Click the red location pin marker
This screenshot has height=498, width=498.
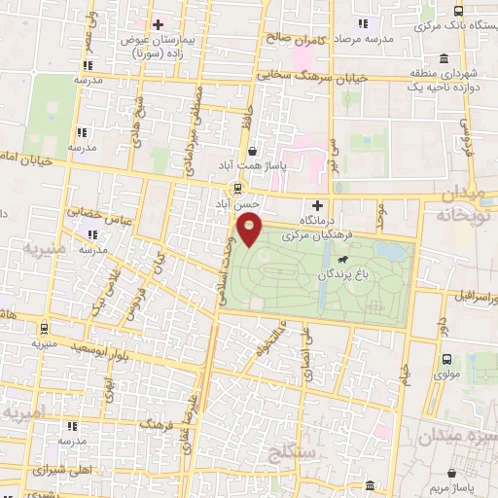pos(251,231)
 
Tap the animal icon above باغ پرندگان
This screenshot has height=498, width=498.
pos(343,260)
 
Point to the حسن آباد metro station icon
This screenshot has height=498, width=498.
pos(233,189)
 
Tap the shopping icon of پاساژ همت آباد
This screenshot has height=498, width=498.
pos(253,152)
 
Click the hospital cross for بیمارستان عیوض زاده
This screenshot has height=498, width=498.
pos(157,23)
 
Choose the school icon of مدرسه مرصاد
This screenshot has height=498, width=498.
pos(363,23)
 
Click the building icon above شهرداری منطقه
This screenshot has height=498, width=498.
pos(444,57)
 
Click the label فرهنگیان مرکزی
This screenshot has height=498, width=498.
pos(316,236)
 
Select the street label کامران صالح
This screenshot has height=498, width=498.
pos(292,41)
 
